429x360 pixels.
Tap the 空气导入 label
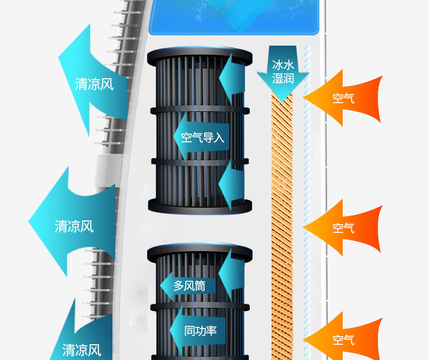tap(202, 137)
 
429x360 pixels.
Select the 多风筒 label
tap(189, 285)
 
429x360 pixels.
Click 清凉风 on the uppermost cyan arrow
tap(94, 84)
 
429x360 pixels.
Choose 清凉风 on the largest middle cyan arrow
tap(74, 226)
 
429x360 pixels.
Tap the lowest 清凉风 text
tap(81, 349)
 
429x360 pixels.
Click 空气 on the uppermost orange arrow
tap(343, 98)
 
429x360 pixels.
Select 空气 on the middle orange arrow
tap(343, 228)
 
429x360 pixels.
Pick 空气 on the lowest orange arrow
tap(343, 340)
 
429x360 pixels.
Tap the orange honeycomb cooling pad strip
tap(281, 217)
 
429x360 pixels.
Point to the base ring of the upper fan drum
tap(200, 206)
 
